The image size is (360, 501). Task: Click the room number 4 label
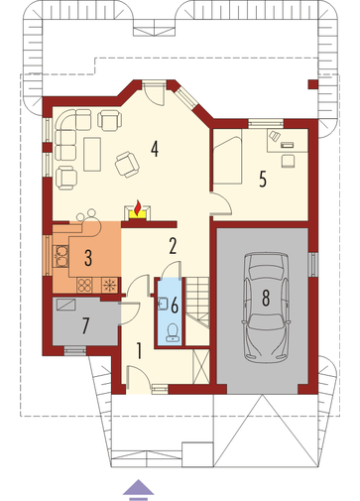(x=155, y=149)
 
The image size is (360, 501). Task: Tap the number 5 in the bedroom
(x=263, y=180)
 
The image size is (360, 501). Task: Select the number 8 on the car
(x=266, y=298)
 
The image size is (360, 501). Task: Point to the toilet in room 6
(x=172, y=331)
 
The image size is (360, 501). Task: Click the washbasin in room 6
(x=164, y=304)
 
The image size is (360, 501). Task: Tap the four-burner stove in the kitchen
(x=84, y=285)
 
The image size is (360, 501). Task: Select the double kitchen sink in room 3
(x=60, y=256)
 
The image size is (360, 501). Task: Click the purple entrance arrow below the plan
(x=139, y=489)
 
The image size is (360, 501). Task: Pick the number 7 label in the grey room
(x=85, y=325)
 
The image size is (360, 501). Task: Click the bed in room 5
(x=228, y=156)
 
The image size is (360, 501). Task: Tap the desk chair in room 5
(x=288, y=161)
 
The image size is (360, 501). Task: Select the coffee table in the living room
(x=92, y=155)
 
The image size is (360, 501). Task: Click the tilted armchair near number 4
(x=127, y=165)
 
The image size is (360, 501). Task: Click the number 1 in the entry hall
(x=139, y=350)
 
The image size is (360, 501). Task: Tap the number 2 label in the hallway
(x=173, y=246)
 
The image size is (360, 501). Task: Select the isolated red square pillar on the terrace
(x=312, y=84)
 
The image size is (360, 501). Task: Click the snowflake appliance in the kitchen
(x=109, y=285)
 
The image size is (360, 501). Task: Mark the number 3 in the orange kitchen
(x=88, y=258)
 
